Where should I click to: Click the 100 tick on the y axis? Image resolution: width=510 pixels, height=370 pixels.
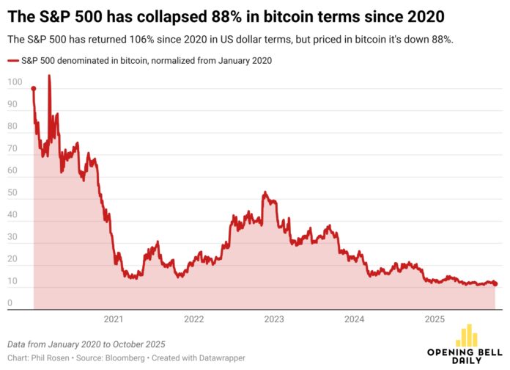[15, 82]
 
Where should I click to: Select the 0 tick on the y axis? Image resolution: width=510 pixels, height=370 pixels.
[10, 303]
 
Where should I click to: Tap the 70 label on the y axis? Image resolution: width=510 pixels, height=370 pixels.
[12, 150]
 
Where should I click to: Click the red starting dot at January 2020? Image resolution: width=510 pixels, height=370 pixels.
[34, 89]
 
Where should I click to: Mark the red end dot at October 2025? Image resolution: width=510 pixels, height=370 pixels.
[495, 283]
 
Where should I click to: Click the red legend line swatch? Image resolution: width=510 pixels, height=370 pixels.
[13, 61]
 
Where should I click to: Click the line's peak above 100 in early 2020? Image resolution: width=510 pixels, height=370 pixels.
[49, 76]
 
